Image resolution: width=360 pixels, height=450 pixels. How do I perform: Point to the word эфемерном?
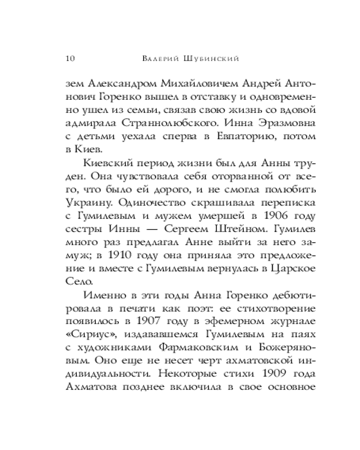coord(221,323)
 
